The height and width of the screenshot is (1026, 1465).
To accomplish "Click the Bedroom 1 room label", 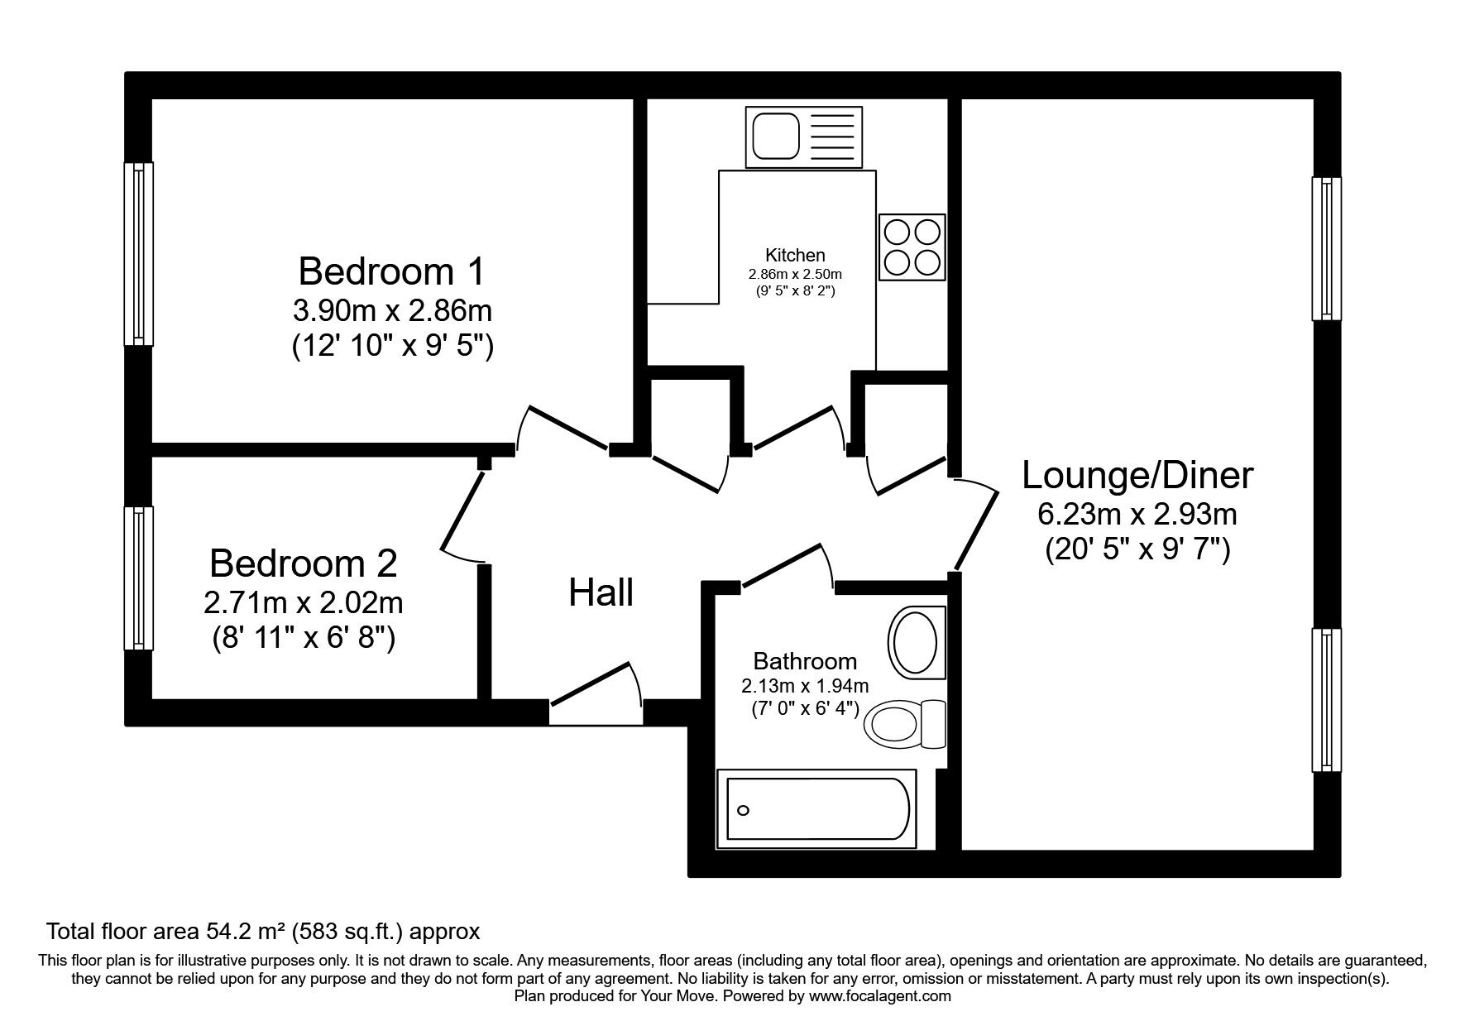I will tap(392, 271).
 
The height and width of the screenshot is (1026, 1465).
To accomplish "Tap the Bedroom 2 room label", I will tap(303, 563).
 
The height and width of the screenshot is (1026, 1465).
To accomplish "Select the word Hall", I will tap(601, 593).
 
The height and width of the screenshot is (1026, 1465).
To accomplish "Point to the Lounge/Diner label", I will tap(1137, 476).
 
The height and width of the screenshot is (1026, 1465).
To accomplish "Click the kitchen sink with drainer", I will tap(803, 134).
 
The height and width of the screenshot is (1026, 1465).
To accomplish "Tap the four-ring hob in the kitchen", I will tap(912, 247).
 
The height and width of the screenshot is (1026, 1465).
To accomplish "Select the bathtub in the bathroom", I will tap(817, 809).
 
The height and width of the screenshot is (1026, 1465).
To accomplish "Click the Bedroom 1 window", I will tap(138, 253).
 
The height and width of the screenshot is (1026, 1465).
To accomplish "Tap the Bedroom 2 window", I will tap(138, 578).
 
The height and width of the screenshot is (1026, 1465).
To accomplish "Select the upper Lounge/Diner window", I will tap(1327, 248).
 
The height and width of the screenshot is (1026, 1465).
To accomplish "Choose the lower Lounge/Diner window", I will tap(1327, 700).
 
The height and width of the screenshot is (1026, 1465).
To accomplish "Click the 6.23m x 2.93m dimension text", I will tap(1137, 515).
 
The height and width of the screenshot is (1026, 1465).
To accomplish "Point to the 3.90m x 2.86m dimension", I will tap(392, 311).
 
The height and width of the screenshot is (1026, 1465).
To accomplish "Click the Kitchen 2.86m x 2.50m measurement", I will tap(795, 274).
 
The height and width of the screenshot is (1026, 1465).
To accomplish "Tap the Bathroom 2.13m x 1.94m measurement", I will tap(805, 686).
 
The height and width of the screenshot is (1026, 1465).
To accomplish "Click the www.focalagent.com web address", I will tap(880, 996).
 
